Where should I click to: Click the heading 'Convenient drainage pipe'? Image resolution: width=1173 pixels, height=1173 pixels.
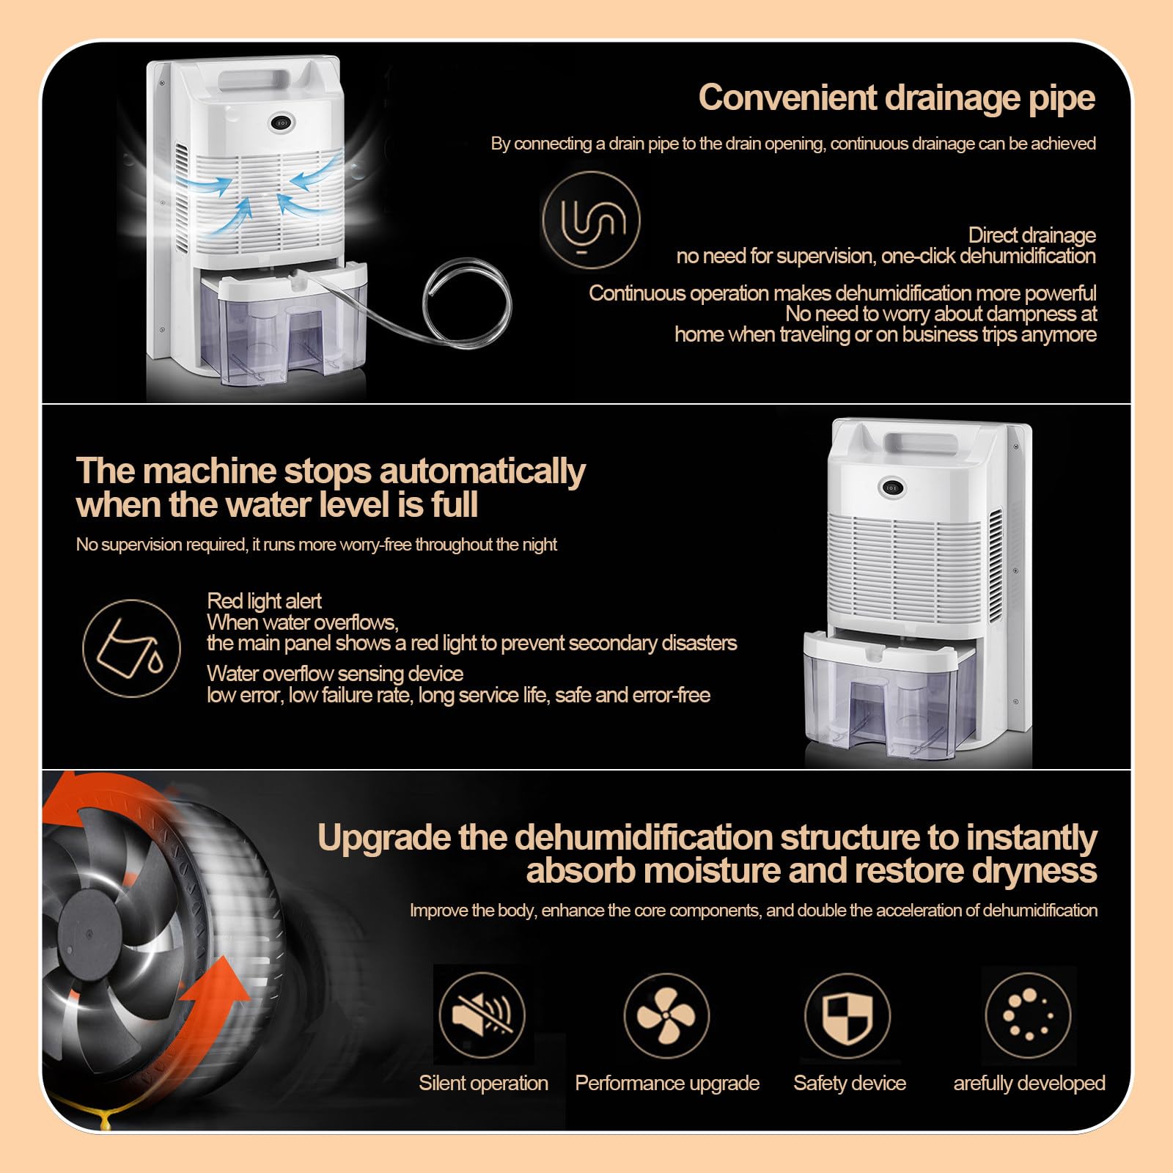tap(897, 98)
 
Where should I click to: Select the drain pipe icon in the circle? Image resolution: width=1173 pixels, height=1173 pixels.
tap(591, 220)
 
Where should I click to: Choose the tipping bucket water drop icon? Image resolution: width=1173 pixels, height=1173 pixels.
tap(132, 648)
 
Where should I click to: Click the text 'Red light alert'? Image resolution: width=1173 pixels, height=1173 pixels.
tap(264, 601)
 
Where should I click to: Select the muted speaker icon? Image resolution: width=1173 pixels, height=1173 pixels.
tap(482, 1015)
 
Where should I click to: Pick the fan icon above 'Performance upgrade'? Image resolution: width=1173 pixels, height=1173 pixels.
tap(666, 1015)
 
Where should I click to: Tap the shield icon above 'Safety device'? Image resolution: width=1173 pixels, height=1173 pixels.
tap(847, 1016)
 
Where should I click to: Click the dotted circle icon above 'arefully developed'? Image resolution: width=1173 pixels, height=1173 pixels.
tap(1028, 1015)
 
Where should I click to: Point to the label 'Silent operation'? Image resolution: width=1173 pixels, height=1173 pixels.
tap(483, 1084)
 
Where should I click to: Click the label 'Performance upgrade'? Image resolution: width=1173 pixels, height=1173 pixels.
tap(667, 1084)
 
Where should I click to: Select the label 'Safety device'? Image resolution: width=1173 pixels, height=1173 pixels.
tap(850, 1084)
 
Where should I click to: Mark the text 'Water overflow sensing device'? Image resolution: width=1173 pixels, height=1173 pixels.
tap(335, 674)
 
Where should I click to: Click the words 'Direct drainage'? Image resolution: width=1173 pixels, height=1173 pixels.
tap(1032, 235)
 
